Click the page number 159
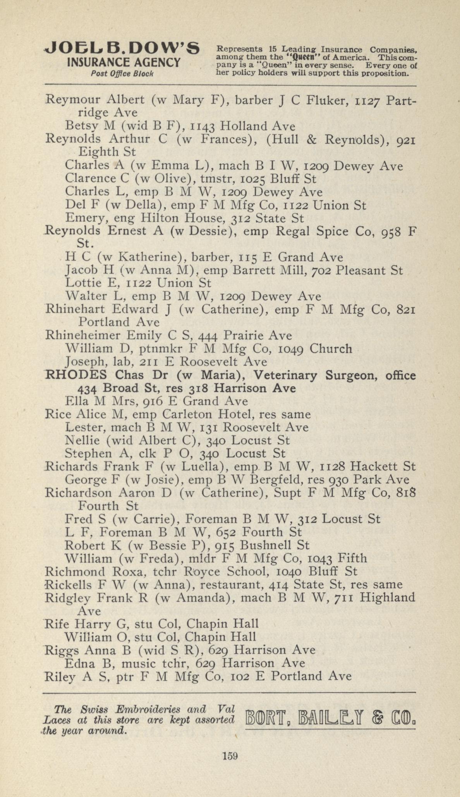point(230,756)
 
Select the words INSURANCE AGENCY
point(124,62)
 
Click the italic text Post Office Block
point(122,73)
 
